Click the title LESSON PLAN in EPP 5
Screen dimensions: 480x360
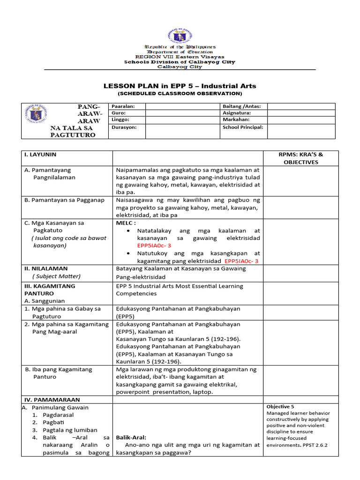[x=180, y=86]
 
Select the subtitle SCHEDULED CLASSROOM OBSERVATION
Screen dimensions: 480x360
[x=180, y=93]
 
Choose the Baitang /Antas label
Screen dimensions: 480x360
[x=242, y=106]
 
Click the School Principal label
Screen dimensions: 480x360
[x=243, y=127]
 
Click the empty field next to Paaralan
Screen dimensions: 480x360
[x=182, y=106]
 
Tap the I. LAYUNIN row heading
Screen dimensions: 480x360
[x=40, y=154]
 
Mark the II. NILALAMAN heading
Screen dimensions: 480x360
[x=46, y=269]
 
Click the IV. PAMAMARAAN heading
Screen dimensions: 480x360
[x=52, y=400]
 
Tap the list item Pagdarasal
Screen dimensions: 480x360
[x=58, y=415]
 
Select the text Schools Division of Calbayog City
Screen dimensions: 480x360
[x=180, y=62]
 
